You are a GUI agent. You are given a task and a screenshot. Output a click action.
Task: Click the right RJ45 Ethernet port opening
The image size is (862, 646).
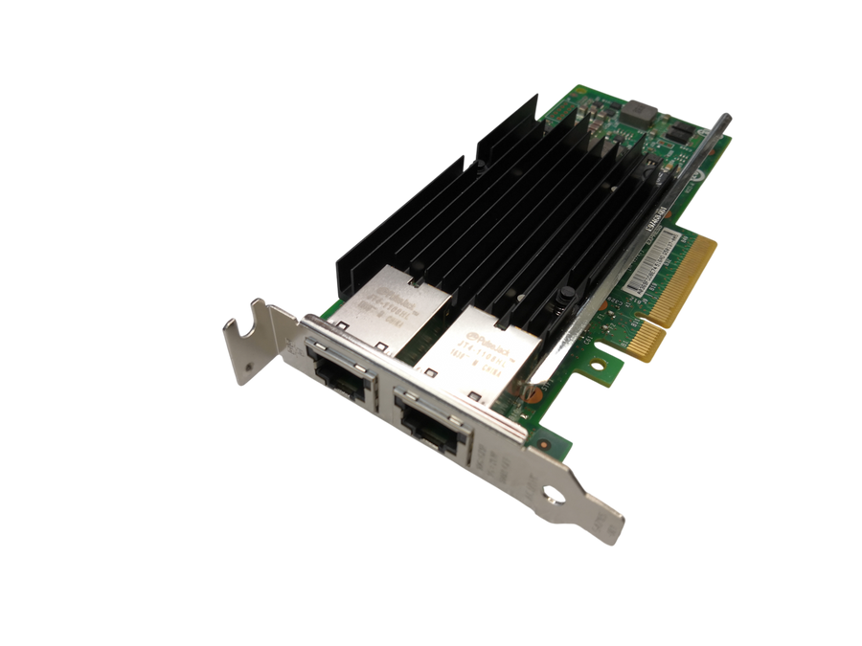(436, 423)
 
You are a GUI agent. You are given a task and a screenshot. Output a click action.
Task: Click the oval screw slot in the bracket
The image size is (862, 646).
(553, 497)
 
